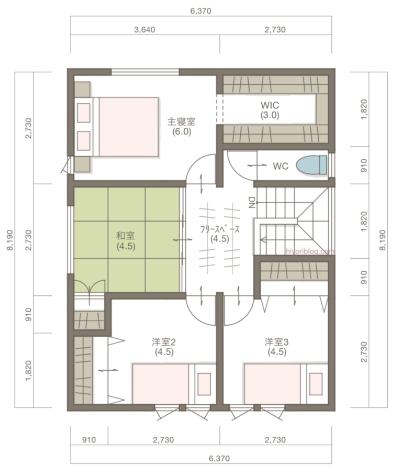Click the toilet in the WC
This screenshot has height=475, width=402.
(x=311, y=166)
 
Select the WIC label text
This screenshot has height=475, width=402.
(x=270, y=105)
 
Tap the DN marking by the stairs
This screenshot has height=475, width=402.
(x=252, y=202)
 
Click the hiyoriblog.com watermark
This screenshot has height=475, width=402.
(x=310, y=251)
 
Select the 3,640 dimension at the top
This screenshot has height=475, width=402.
(x=144, y=29)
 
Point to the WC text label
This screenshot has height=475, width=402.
(x=281, y=166)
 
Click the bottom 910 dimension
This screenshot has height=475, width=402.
(x=89, y=440)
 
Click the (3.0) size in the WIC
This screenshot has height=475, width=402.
(x=270, y=115)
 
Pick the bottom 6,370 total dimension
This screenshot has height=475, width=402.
(x=219, y=459)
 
